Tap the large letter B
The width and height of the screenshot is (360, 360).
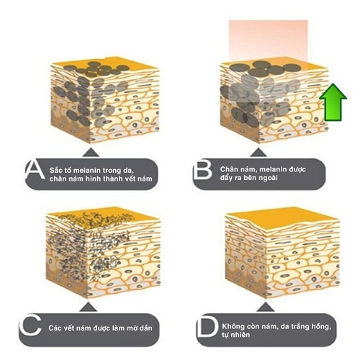coord(203,170)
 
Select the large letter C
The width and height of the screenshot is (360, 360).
coord(30,326)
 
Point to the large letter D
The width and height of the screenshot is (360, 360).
coord(207,326)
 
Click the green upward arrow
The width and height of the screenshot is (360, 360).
coord(333,102)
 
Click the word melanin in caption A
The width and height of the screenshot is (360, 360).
coord(87,171)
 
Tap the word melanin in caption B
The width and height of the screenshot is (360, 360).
coord(273,169)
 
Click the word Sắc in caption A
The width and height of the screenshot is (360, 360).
coord(55,170)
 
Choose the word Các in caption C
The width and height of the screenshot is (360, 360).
coord(55,328)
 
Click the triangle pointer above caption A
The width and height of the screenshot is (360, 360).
coord(91,153)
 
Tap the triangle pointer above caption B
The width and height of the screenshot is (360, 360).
coord(258,153)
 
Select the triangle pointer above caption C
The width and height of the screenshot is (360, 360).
coord(89,307)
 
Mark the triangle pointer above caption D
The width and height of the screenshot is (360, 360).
coord(265,307)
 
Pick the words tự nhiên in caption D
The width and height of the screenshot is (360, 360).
coord(235,335)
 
